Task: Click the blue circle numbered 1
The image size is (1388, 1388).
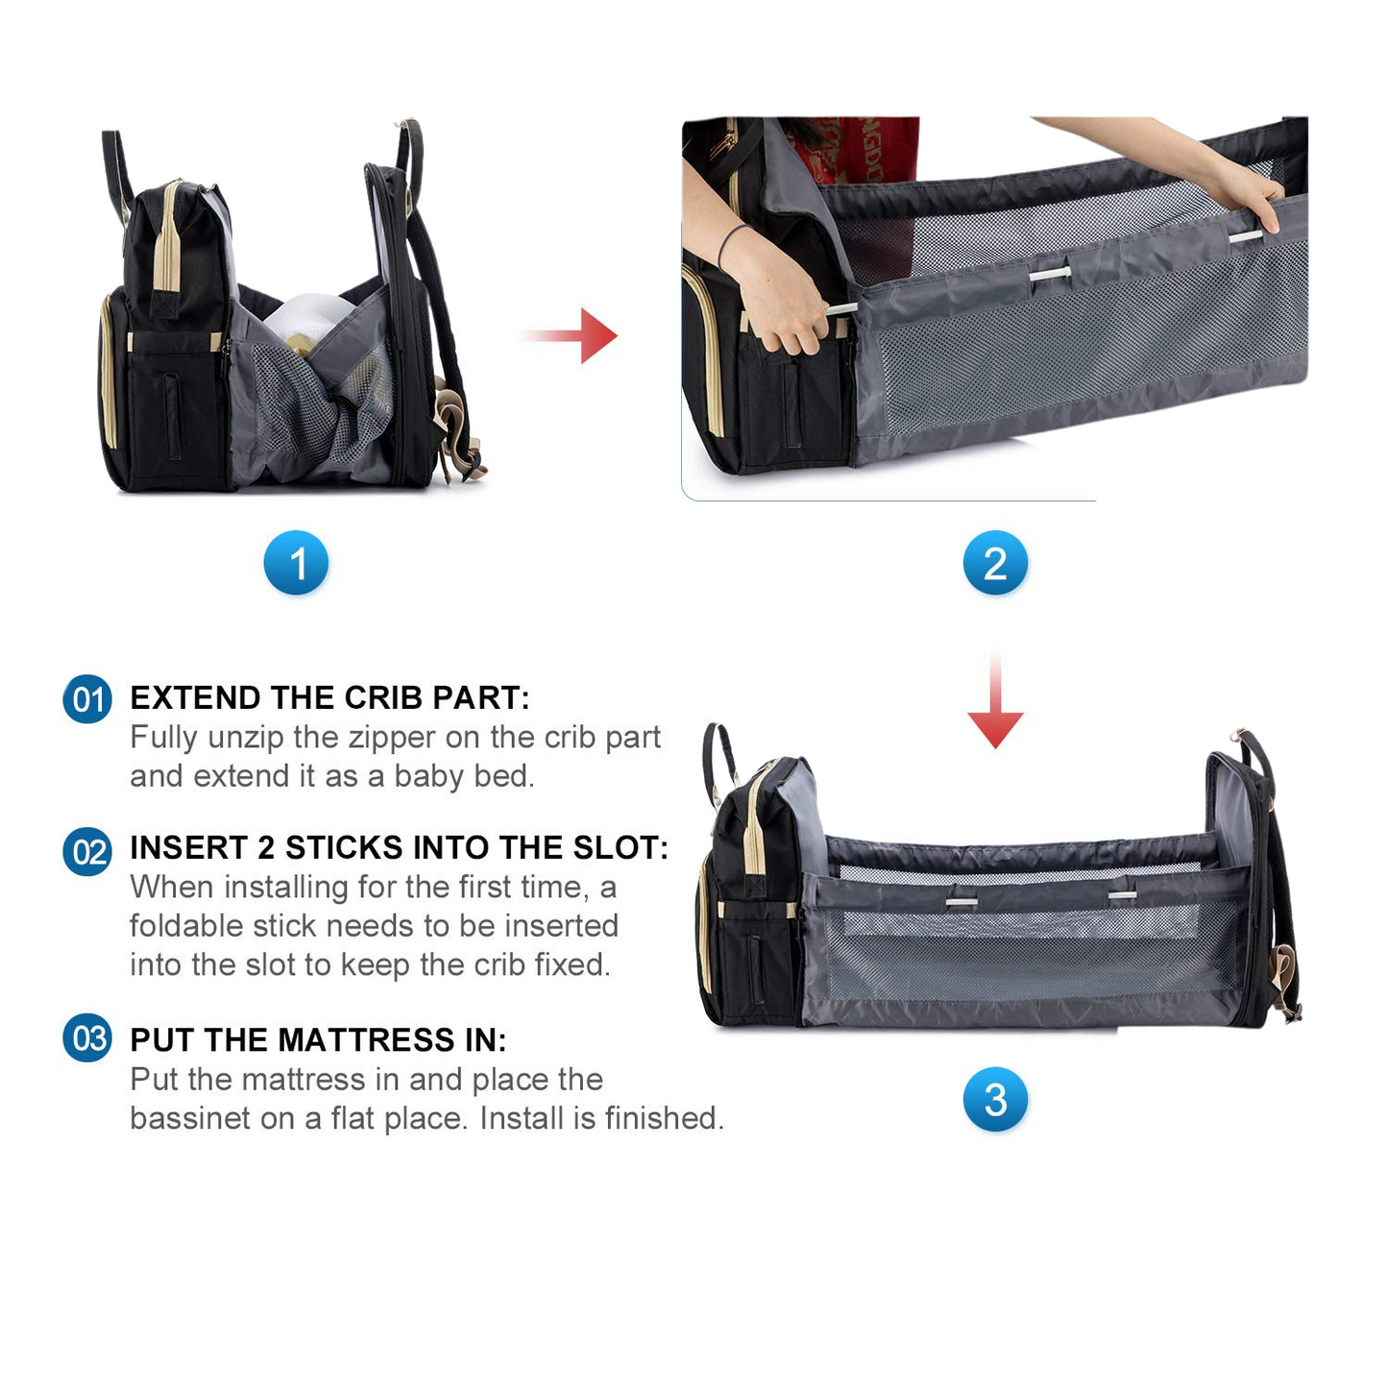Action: [296, 563]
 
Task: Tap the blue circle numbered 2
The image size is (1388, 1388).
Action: [995, 563]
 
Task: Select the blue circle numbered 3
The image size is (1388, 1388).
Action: [995, 1099]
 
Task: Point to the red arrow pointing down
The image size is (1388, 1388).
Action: [995, 700]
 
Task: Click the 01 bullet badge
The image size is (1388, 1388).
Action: [87, 698]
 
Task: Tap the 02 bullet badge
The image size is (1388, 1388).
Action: [87, 851]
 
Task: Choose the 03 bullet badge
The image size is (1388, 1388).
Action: [87, 1038]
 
